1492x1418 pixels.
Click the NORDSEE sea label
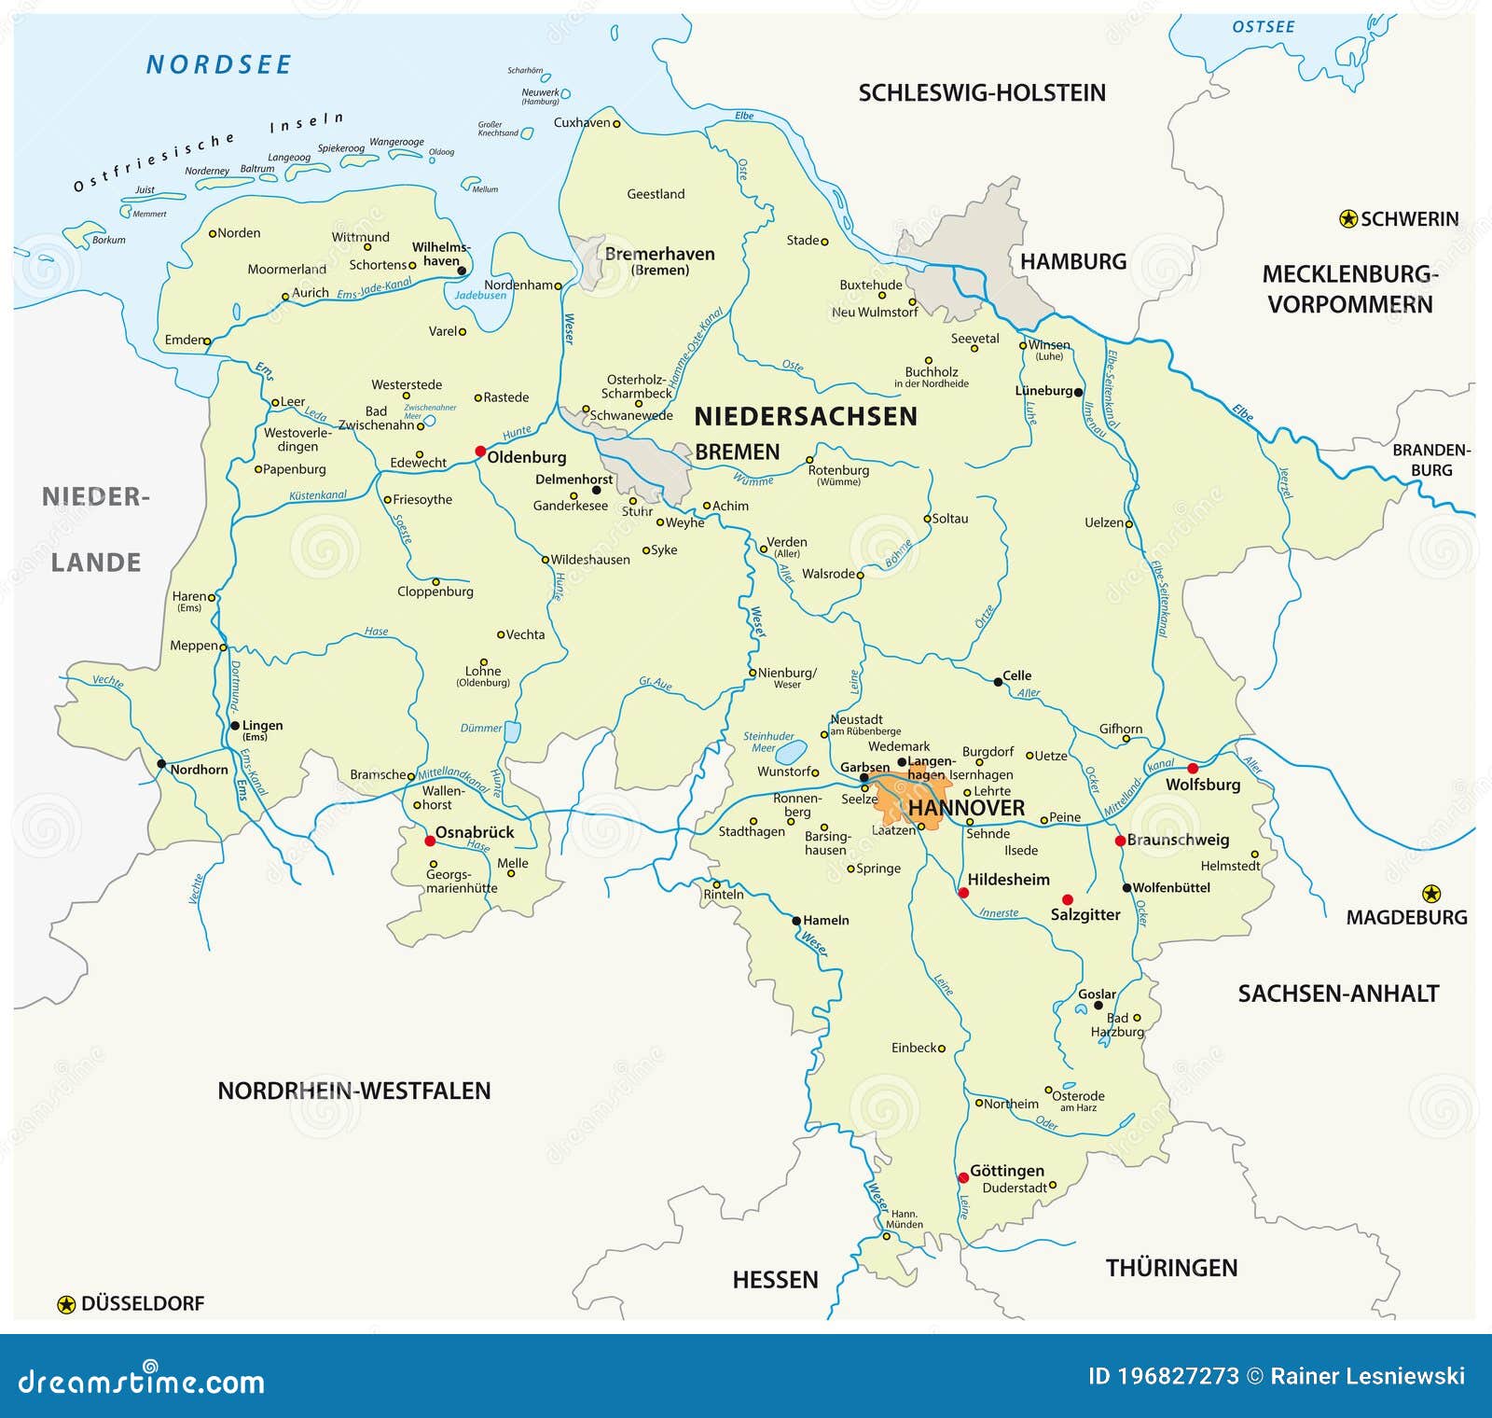click(219, 64)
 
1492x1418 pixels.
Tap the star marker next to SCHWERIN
click(1347, 219)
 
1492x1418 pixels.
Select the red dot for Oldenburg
click(480, 452)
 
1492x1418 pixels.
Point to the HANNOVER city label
click(966, 808)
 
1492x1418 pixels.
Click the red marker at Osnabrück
click(430, 841)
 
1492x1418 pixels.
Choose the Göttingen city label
click(1007, 1171)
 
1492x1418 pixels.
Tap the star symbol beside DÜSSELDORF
click(66, 1304)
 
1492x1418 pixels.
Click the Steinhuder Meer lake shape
click(792, 751)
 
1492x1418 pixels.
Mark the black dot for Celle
click(998, 682)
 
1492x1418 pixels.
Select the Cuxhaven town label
click(582, 122)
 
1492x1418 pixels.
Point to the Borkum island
click(83, 229)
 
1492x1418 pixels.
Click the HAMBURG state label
click(1073, 261)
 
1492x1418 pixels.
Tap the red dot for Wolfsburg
click(1193, 769)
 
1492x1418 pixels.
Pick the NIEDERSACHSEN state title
click(806, 416)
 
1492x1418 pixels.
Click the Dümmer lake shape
click(512, 731)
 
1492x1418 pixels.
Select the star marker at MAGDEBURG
click(1431, 894)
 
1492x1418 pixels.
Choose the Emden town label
click(183, 340)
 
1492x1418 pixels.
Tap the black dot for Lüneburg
click(1078, 392)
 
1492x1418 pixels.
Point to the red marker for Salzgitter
click(1068, 900)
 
